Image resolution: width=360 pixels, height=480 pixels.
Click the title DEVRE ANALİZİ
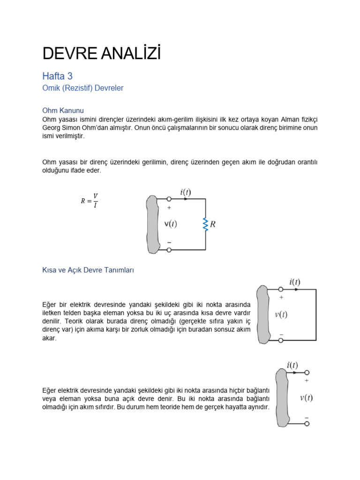(101, 54)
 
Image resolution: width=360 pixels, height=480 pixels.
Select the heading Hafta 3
(57, 76)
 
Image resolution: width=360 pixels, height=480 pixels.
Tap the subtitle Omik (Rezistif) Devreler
(82, 88)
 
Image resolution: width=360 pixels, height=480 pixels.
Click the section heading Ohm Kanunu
(63, 111)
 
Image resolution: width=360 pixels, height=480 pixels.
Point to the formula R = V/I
(89, 201)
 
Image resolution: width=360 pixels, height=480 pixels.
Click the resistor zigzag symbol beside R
(205, 225)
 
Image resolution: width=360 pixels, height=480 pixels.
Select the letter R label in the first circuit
(213, 225)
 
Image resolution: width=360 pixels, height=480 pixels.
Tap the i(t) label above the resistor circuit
(185, 192)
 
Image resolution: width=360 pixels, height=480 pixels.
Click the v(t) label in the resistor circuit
(170, 224)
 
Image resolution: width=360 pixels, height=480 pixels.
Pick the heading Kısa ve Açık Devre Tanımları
(88, 270)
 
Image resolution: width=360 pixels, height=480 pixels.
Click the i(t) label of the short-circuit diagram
(295, 282)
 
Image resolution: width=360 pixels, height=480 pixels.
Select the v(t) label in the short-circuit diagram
(281, 315)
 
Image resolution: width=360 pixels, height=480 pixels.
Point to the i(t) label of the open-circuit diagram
(292, 365)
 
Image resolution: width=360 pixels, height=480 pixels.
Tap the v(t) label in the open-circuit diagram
(306, 398)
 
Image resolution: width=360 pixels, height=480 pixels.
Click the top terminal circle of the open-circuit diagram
(307, 373)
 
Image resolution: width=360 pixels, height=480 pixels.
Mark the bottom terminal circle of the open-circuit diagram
(307, 424)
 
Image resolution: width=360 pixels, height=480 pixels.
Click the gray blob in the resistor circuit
(152, 224)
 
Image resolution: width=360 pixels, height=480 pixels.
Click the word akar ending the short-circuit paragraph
(49, 338)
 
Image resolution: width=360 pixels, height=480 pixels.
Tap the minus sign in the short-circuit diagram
(281, 334)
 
